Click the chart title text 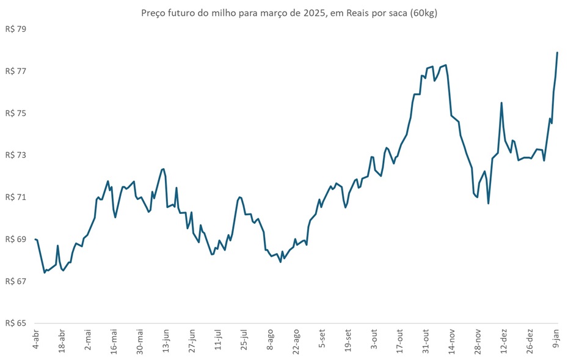coord(289,13)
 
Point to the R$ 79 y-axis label coord(16,29)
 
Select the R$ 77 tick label coord(16,72)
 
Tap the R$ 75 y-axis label coord(16,114)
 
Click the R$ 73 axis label coord(16,155)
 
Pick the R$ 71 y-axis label coord(16,197)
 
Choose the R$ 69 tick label coord(16,240)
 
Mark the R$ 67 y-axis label coord(16,281)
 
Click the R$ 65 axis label coord(16,323)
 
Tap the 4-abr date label coord(35,339)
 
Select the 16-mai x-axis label coord(114,340)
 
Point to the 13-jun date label coord(166,340)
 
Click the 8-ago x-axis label coord(270,339)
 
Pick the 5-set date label coord(322,339)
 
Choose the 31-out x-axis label coord(426,340)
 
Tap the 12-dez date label coord(504,340)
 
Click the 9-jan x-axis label coord(556,339)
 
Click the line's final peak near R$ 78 coord(558,53)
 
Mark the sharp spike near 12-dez coord(501,103)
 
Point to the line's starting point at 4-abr coord(35,239)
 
